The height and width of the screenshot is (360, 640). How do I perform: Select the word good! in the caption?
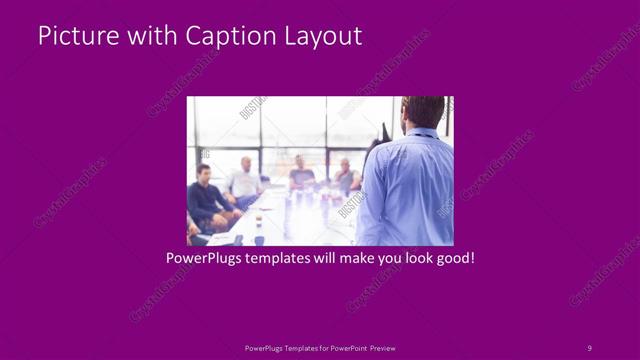point(453,258)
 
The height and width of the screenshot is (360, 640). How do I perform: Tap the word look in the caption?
point(411,258)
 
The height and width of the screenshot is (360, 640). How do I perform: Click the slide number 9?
point(589,347)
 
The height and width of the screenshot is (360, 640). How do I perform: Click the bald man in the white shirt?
point(245,181)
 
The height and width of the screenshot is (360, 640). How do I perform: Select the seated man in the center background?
point(301,173)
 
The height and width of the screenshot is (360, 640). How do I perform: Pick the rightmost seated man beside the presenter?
point(345,177)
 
